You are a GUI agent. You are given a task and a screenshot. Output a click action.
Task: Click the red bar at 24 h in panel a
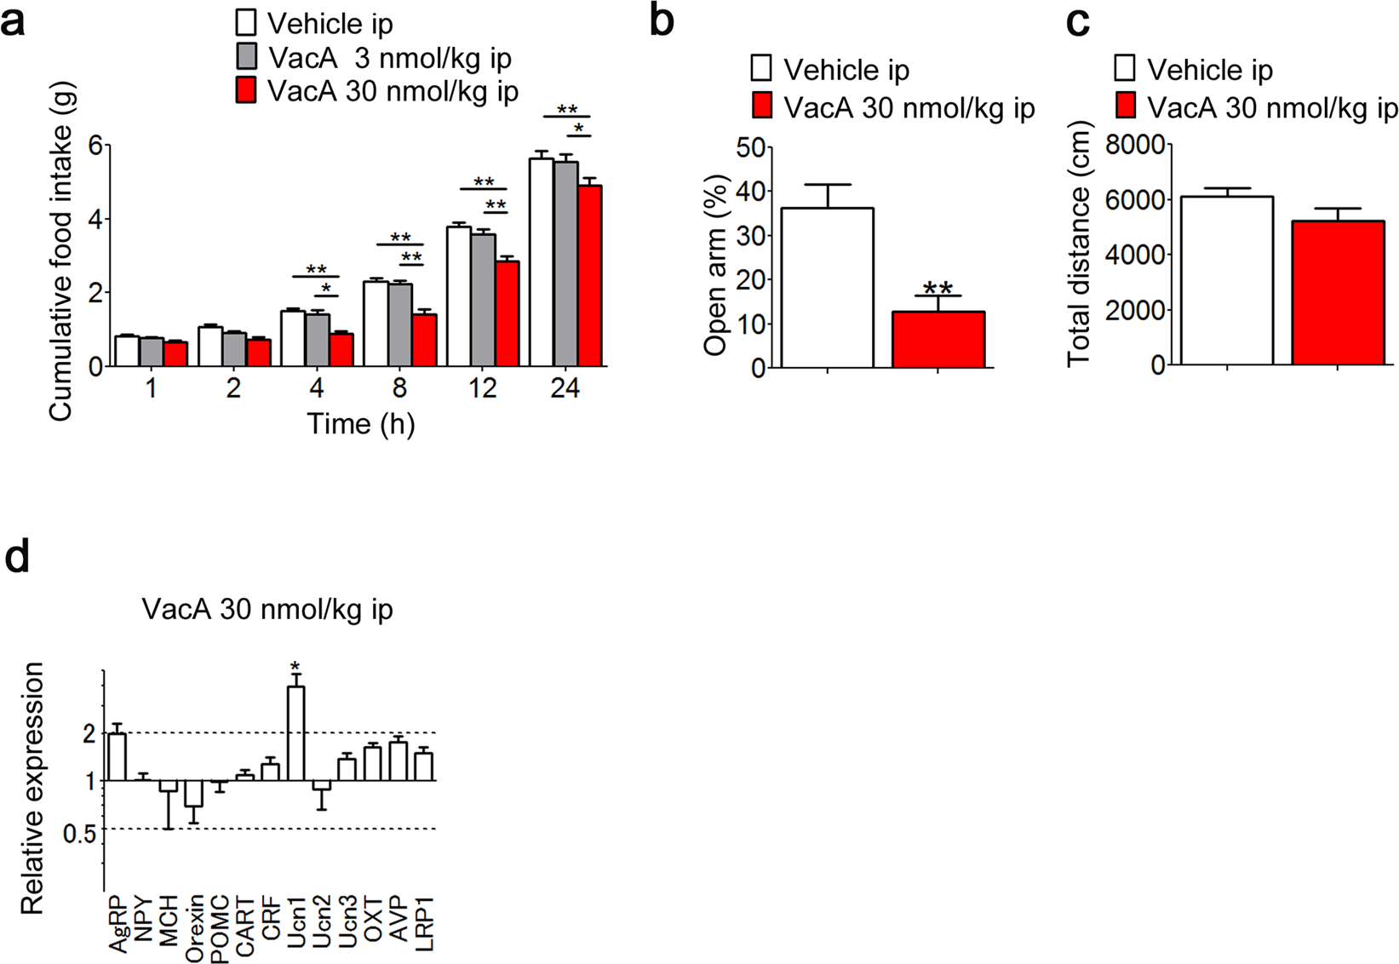(x=589, y=276)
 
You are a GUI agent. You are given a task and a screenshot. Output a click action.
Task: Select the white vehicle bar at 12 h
(x=459, y=296)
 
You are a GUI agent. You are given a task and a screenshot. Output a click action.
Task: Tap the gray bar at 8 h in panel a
(x=400, y=324)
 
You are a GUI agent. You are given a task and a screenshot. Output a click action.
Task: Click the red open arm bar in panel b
(x=938, y=340)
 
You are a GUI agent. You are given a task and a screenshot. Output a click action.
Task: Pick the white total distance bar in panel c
(x=1227, y=281)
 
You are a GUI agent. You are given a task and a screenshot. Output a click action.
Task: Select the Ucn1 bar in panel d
(x=295, y=732)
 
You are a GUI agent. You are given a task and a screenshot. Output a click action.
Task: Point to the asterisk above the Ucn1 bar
(x=295, y=666)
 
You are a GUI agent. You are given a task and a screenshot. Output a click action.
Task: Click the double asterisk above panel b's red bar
(x=937, y=287)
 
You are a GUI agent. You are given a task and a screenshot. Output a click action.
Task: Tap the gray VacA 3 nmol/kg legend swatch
(x=247, y=57)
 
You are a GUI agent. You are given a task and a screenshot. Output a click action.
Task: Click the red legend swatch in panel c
(x=1125, y=107)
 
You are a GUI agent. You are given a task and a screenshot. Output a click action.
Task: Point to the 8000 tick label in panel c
(x=1134, y=146)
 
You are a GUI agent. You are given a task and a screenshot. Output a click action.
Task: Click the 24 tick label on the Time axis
(x=565, y=389)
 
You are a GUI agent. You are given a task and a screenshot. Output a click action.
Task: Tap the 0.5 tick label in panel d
(x=79, y=833)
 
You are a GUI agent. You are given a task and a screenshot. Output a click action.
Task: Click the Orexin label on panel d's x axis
(x=195, y=928)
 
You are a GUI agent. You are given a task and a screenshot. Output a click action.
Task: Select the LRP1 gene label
(x=425, y=923)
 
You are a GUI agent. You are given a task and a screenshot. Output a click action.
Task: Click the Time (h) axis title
(x=361, y=423)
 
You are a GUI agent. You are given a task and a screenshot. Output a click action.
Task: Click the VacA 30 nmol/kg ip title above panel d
(x=267, y=610)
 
